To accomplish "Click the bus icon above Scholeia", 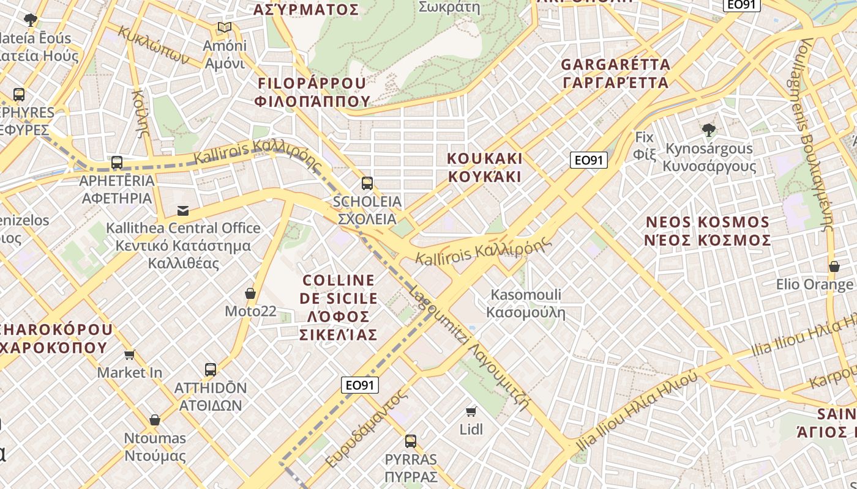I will (367, 183).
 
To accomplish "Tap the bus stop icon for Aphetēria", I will (117, 163).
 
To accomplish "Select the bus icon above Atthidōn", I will (211, 370).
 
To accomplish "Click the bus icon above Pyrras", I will (411, 441).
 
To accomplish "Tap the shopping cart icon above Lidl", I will (471, 411).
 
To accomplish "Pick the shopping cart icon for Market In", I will (130, 355).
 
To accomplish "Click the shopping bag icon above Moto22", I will (250, 294).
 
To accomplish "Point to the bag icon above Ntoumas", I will (155, 421).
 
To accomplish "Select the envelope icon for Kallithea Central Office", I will (183, 211).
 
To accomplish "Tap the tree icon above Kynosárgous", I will (709, 130).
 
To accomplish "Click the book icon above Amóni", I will (225, 28).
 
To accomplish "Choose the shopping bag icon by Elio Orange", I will (834, 267).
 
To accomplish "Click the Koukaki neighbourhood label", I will (485, 167).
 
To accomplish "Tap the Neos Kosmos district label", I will (707, 231).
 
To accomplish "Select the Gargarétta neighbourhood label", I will (615, 73).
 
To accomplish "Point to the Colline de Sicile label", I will (340, 307).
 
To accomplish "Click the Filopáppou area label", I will (312, 92).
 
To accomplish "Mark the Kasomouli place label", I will (526, 304).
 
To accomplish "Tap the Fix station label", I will (645, 145).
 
